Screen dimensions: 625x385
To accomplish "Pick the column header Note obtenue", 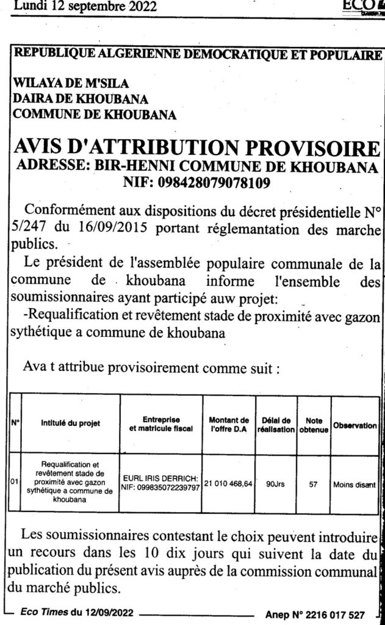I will click(314, 424).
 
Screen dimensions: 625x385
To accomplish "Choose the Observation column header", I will click(355, 425).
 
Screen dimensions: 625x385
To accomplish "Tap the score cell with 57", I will click(314, 485).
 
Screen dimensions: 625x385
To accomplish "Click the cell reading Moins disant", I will click(354, 485).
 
